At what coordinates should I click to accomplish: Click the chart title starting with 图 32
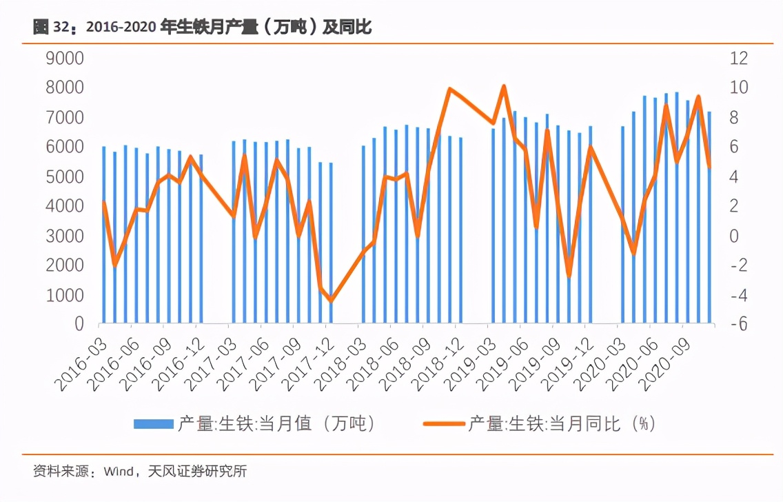click(x=202, y=28)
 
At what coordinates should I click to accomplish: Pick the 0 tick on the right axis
click(x=735, y=236)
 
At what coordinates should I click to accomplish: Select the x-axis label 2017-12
click(x=307, y=365)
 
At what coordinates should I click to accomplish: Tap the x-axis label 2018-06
click(x=372, y=365)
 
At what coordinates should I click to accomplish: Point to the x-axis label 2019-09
click(x=534, y=365)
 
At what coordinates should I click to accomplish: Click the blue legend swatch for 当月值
click(x=153, y=424)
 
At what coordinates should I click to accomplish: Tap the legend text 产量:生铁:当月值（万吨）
click(x=276, y=424)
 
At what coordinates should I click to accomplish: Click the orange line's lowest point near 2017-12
click(x=331, y=301)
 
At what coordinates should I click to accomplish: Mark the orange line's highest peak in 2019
click(x=504, y=86)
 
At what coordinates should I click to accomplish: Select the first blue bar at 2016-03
click(x=104, y=234)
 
